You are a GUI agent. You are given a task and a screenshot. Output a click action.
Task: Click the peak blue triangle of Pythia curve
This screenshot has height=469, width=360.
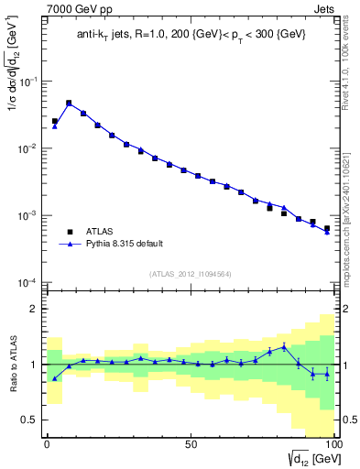pos(69,104)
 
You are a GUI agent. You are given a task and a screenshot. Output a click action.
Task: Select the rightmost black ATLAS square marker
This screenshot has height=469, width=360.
pos(327,228)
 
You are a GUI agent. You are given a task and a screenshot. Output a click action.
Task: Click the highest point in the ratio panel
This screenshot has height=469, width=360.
pos(284,346)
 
